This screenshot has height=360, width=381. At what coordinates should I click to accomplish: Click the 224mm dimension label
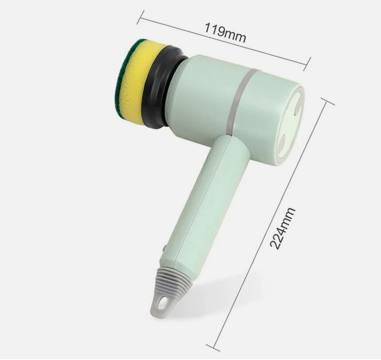[x=283, y=228]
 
